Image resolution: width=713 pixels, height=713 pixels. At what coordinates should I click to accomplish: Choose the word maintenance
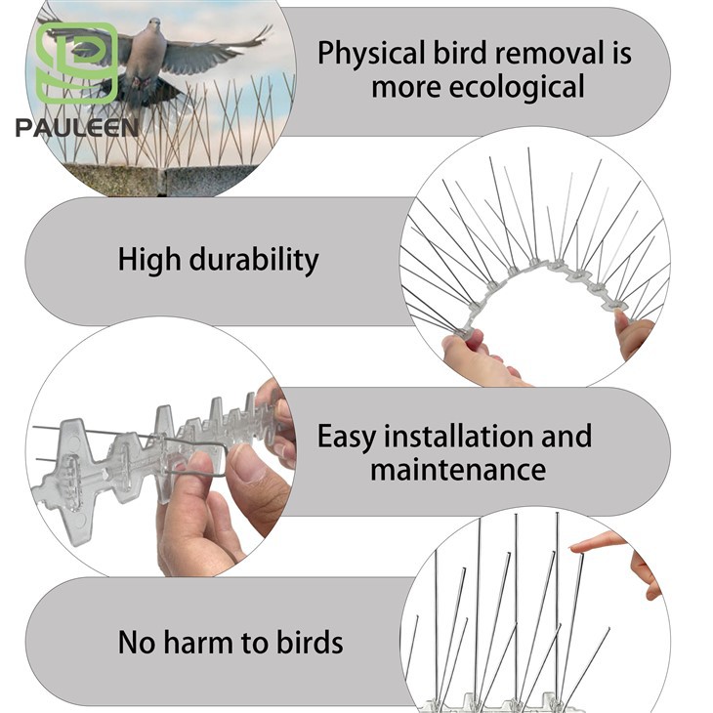(x=457, y=469)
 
